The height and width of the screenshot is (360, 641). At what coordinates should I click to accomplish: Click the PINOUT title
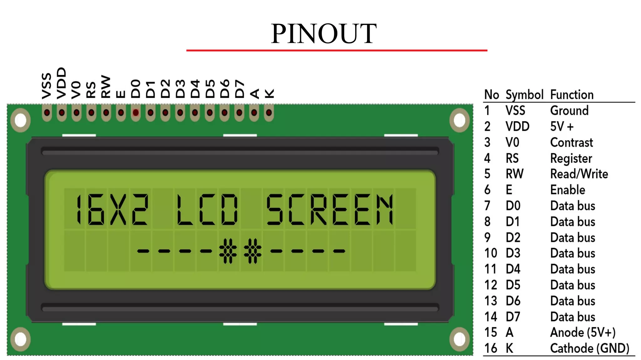pos(324,34)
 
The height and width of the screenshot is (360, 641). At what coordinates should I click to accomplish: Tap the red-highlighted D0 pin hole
pos(136,112)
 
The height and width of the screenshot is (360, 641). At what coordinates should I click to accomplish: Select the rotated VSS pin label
pos(47,86)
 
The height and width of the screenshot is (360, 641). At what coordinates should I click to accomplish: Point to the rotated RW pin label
pos(106,87)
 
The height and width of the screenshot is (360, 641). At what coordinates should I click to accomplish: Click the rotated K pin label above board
pos(269,93)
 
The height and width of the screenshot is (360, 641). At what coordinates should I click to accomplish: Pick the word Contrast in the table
pos(572,142)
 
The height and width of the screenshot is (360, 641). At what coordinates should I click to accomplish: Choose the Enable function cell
pos(567,190)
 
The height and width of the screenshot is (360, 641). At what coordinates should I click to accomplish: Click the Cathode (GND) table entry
pos(589,348)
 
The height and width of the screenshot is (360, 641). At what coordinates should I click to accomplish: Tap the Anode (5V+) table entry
pos(583,332)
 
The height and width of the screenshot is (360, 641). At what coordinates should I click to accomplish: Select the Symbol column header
pos(524,95)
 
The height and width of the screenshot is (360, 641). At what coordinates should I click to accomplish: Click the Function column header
pos(572,95)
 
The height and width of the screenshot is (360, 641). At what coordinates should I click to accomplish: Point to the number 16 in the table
pos(490,348)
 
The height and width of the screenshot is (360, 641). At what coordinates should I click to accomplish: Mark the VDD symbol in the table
pos(517,126)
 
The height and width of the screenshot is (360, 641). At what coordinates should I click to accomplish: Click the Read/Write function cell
pos(579,174)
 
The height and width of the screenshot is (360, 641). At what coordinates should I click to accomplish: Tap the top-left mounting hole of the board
pos(21,121)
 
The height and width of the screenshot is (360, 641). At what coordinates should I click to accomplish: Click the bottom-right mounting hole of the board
pos(459,339)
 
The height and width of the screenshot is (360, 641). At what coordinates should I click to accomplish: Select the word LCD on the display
pos(207,209)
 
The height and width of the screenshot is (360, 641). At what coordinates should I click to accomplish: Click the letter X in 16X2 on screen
pos(118,209)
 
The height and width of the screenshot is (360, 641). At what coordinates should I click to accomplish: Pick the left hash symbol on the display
pos(228,251)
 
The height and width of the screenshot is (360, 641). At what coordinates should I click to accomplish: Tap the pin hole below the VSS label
pos(47,112)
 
